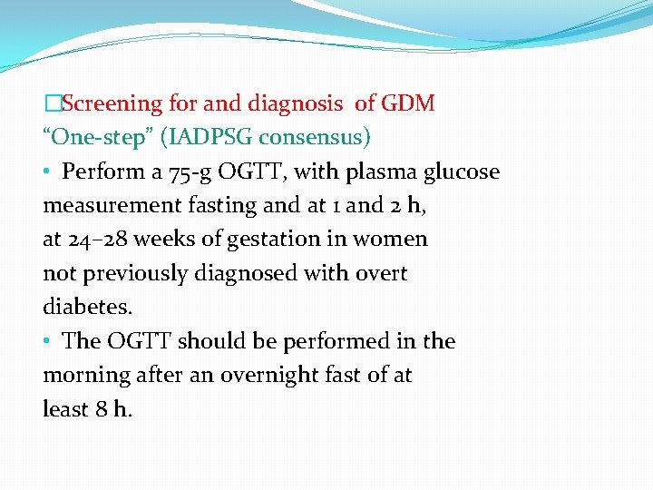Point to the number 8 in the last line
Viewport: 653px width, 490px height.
coord(102,409)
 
